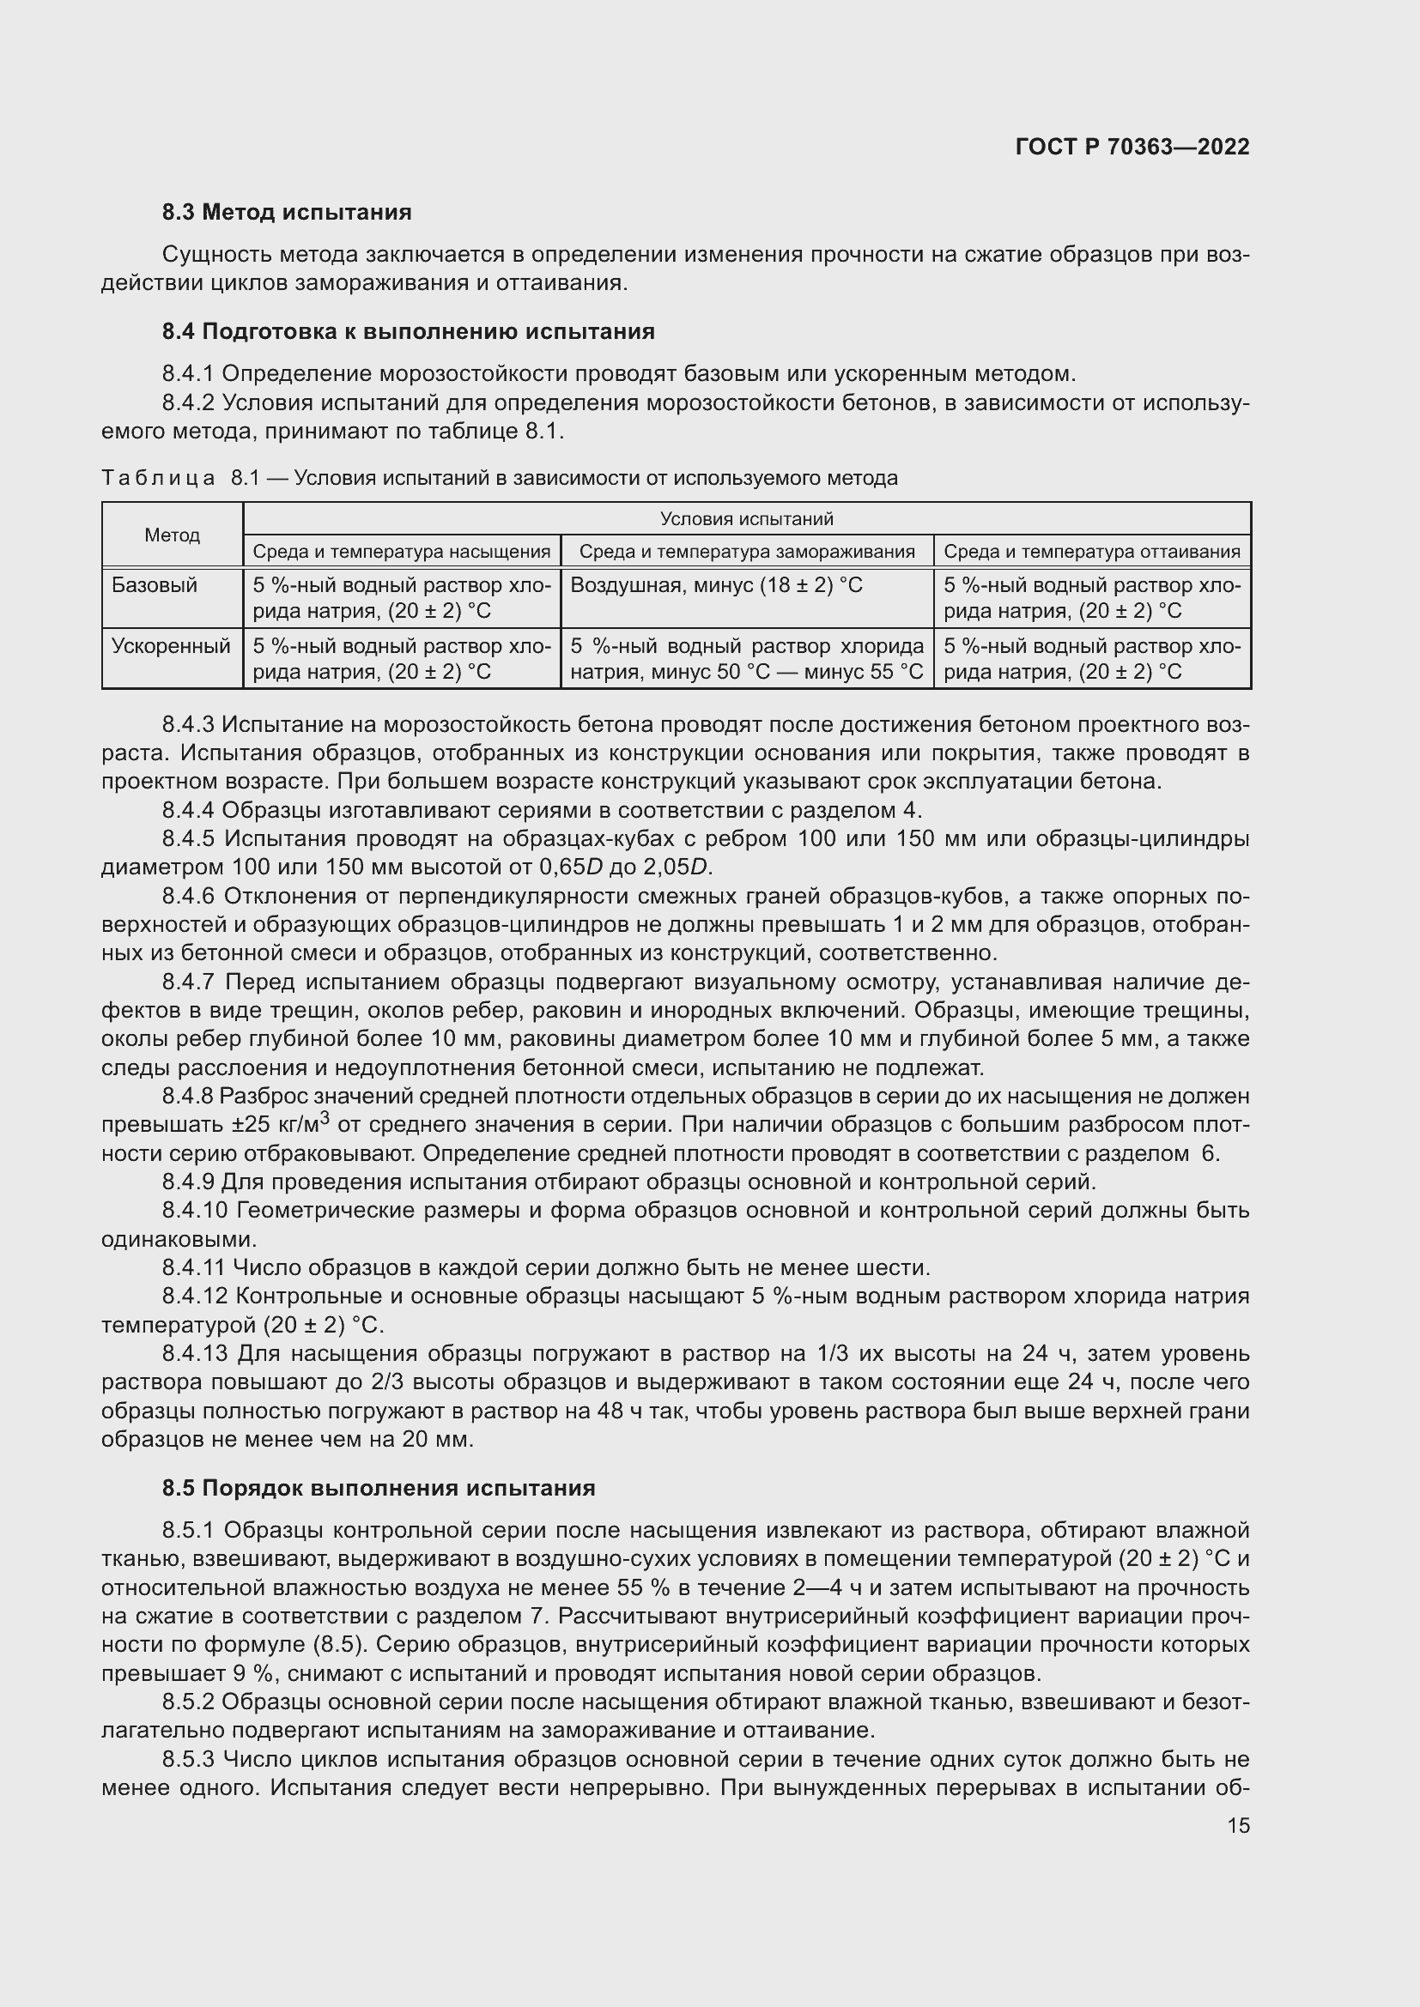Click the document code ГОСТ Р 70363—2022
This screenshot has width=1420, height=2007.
[1132, 147]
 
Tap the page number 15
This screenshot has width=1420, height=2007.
[1238, 1825]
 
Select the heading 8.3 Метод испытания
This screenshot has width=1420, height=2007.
[287, 213]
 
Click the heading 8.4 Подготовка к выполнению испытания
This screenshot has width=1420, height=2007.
[409, 331]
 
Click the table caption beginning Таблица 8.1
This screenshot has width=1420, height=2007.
[500, 478]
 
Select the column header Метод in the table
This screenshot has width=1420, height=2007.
[173, 535]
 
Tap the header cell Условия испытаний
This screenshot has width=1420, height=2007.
[746, 518]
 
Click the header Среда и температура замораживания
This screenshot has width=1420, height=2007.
[746, 552]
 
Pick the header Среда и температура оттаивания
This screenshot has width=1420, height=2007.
[1091, 552]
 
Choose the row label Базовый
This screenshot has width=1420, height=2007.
[155, 585]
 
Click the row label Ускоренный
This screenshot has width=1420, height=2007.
[171, 646]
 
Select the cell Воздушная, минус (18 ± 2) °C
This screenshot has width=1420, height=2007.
[716, 585]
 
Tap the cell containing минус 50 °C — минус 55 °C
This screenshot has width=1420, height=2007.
[746, 659]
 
